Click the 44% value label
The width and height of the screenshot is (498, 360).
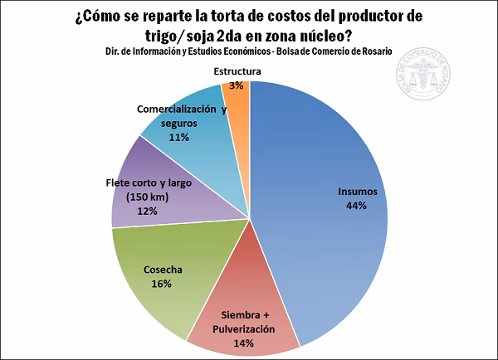[x=358, y=206]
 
